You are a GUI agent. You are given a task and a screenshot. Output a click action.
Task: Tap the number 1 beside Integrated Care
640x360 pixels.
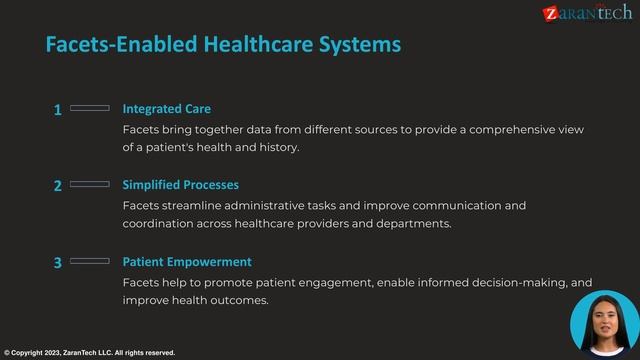point(58,110)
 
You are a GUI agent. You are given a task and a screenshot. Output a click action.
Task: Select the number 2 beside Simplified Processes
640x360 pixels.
point(58,186)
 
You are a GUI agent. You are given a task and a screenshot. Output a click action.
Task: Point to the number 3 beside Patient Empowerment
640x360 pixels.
point(58,263)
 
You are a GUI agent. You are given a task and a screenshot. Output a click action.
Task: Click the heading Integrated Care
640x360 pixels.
point(166,109)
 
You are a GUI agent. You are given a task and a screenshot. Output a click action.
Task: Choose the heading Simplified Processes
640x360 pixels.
point(180,185)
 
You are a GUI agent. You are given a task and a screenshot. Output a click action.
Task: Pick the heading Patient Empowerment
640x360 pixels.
point(186,262)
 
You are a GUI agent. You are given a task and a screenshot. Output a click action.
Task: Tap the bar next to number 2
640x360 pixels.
point(90,184)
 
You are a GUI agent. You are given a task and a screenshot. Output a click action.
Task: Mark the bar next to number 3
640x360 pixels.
point(90,261)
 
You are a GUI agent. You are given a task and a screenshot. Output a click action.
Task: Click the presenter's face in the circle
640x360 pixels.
point(604,320)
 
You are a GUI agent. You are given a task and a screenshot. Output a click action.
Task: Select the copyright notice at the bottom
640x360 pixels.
point(90,353)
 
